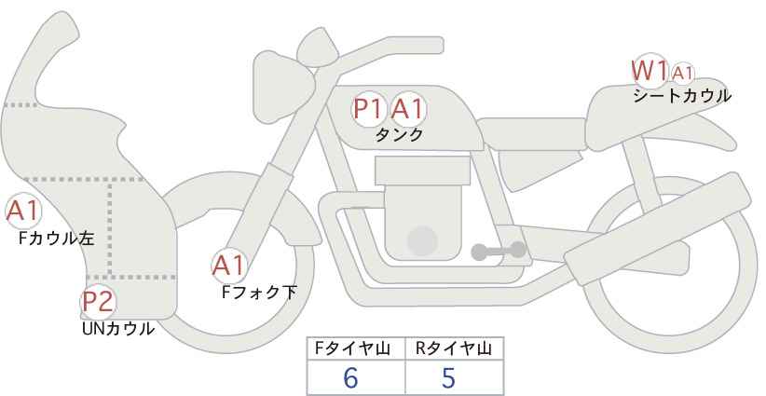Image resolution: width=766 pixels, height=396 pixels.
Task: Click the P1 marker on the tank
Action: click(x=369, y=109)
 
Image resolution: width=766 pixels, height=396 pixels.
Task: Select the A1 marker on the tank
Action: click(x=408, y=109)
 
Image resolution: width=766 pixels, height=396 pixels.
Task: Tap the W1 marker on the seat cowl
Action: click(x=650, y=71)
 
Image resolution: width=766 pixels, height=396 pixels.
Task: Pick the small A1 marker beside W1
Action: click(x=682, y=74)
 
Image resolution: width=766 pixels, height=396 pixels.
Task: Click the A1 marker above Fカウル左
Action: click(x=23, y=212)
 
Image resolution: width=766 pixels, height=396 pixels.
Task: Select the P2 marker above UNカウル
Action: click(x=98, y=302)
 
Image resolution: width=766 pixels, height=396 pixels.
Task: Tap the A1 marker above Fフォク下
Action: click(x=229, y=266)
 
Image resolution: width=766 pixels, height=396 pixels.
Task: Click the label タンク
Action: click(x=399, y=135)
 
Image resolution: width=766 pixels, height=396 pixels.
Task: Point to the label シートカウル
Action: click(x=682, y=96)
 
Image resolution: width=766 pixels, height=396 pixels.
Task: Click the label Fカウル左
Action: click(x=57, y=239)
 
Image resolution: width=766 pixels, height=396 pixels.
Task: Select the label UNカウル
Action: click(x=118, y=329)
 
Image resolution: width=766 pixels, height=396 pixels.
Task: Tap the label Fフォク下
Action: click(x=259, y=293)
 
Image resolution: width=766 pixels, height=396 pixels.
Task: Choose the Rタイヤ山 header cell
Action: click(x=455, y=348)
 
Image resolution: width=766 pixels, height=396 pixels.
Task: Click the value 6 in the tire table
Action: click(x=351, y=377)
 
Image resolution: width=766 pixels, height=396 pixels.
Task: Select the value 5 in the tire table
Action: click(x=448, y=377)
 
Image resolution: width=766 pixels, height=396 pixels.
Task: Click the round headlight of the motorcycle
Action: click(x=283, y=89)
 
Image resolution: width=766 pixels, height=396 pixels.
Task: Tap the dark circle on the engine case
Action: click(x=422, y=240)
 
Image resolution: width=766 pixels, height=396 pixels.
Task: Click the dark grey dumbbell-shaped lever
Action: click(x=499, y=251)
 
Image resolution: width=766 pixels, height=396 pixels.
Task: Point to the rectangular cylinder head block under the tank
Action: click(x=422, y=171)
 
